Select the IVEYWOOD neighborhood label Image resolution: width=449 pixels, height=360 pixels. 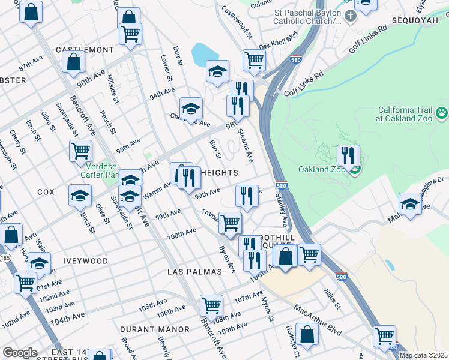84,261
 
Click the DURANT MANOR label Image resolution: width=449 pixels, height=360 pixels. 154,329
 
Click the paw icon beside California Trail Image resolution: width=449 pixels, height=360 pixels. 442,112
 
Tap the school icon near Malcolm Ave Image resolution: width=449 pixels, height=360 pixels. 410,203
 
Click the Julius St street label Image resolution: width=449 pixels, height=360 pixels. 332,298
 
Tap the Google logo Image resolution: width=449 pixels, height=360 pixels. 20,353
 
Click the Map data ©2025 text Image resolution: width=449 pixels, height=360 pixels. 423,355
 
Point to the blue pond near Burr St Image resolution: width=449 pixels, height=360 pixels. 204,55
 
